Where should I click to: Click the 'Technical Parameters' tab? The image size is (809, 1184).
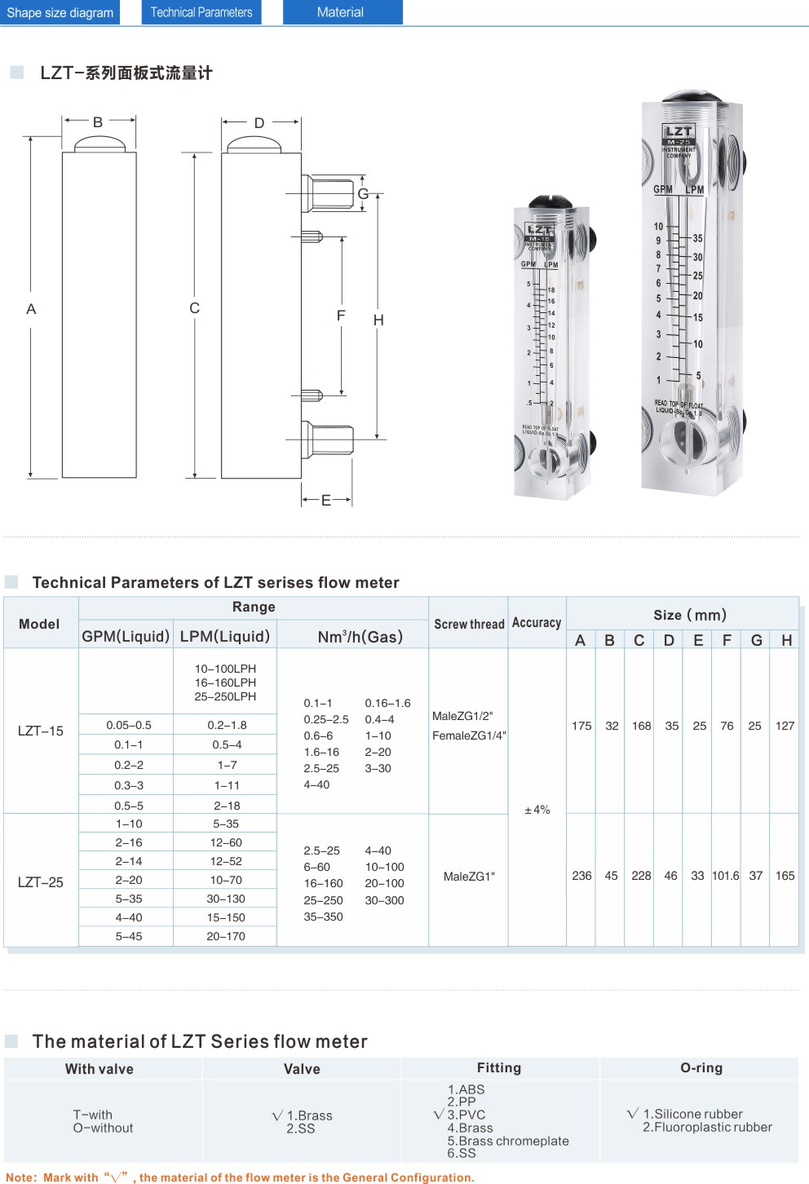(x=201, y=12)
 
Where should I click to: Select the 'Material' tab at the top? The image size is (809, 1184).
(x=342, y=12)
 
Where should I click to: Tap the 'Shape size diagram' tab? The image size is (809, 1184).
(x=60, y=12)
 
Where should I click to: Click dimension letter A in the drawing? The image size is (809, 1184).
(x=31, y=309)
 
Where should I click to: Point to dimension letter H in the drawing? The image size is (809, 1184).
(x=378, y=320)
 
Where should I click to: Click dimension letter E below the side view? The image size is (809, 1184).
(x=326, y=500)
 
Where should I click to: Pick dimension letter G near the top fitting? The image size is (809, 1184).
(x=364, y=193)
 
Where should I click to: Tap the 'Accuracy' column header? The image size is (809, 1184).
(x=537, y=623)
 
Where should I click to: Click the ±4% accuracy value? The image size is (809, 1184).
(x=537, y=810)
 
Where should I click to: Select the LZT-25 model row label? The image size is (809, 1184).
(x=41, y=882)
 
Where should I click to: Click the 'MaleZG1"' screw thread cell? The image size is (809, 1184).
(x=469, y=877)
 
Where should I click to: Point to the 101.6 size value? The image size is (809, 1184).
(x=726, y=876)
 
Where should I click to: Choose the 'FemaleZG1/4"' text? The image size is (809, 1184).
(x=469, y=736)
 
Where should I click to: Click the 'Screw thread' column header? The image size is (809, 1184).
(x=469, y=624)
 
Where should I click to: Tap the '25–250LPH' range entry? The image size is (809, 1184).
(x=225, y=696)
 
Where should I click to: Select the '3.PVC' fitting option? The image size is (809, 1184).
(x=466, y=1115)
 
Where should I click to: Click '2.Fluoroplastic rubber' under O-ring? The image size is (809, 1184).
(x=707, y=1127)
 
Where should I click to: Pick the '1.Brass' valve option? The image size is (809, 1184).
(x=309, y=1116)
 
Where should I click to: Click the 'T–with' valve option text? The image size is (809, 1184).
(x=93, y=1115)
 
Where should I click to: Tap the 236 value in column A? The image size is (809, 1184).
(x=581, y=876)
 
